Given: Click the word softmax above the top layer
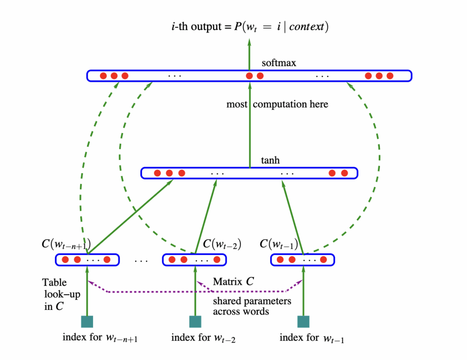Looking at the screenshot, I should click(x=279, y=63).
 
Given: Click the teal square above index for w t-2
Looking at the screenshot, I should click(x=195, y=322).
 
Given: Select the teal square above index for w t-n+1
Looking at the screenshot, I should click(x=87, y=322).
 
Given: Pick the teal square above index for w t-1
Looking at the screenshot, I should click(x=303, y=322).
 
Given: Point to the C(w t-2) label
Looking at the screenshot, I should click(x=222, y=244).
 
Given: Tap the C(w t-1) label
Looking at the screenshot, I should click(x=279, y=244).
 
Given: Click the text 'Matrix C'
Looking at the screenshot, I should click(x=233, y=282).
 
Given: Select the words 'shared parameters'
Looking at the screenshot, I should click(x=252, y=301).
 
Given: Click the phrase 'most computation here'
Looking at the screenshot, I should click(x=277, y=104).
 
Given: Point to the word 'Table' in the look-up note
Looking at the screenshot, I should click(x=54, y=282).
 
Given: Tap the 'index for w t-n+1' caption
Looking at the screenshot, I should click(x=100, y=338).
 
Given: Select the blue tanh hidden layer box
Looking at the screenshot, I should click(x=249, y=173).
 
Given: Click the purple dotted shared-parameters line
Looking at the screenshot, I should click(x=196, y=292).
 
